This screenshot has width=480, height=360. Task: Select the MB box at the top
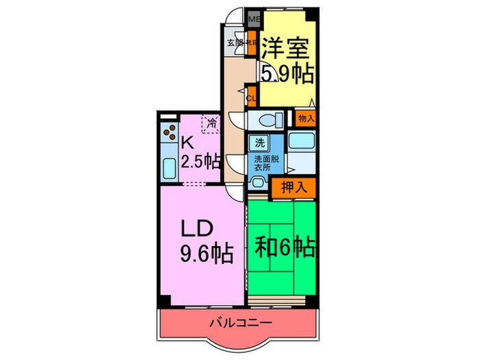[253, 19]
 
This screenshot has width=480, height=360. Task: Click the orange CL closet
[251, 97]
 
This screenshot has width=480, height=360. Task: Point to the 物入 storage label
[306, 118]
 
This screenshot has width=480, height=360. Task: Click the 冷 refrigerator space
[212, 124]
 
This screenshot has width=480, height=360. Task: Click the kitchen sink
[169, 167]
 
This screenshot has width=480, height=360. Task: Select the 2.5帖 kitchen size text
[201, 163]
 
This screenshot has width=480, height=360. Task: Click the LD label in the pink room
[200, 228]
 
